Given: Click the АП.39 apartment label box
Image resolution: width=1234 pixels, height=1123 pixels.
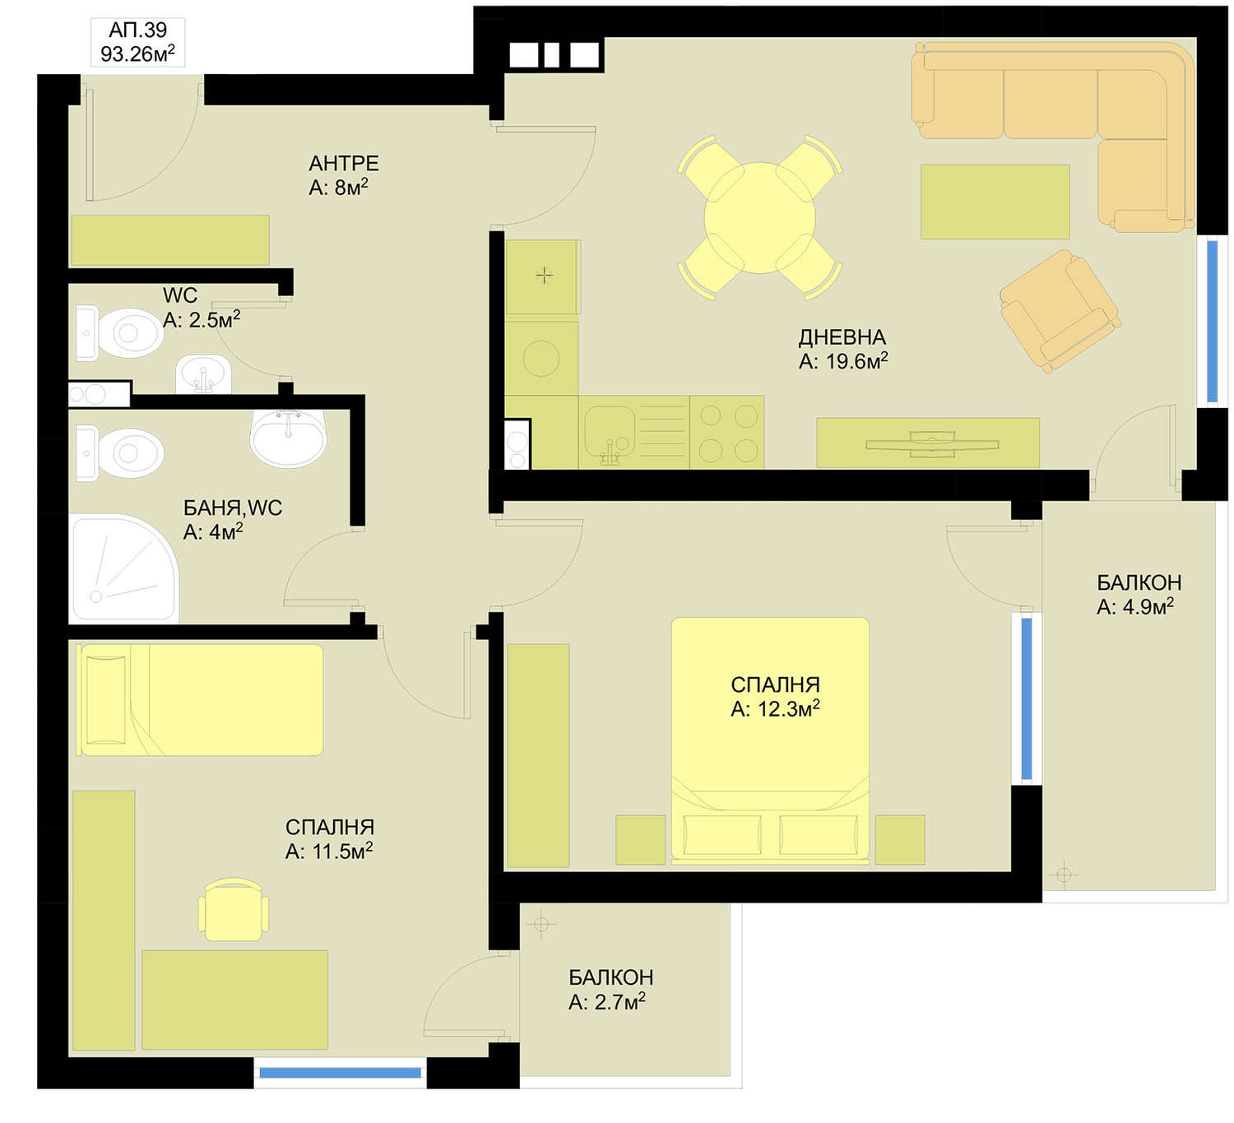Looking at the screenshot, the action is click(x=137, y=42).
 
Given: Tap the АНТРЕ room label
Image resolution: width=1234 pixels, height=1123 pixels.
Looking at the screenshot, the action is click(x=343, y=163).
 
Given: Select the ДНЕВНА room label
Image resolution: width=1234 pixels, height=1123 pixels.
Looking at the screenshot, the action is click(x=842, y=336).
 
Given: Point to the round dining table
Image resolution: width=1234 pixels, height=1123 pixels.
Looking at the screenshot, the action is click(x=759, y=217).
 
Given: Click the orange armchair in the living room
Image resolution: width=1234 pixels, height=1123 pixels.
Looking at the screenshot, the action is click(x=1060, y=311).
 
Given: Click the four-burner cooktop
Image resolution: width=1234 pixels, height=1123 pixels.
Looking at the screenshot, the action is click(x=727, y=432).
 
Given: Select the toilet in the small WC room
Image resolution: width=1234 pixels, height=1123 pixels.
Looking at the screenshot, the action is click(x=119, y=333).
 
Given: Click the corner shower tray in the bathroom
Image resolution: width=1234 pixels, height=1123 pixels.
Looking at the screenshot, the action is click(x=124, y=568).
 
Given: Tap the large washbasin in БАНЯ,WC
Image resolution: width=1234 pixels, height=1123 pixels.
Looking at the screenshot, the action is click(x=288, y=439).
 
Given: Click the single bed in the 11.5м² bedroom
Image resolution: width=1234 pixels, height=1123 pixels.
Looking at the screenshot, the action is click(x=200, y=699).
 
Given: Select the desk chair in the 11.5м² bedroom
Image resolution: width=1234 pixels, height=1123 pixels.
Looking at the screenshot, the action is click(x=234, y=909).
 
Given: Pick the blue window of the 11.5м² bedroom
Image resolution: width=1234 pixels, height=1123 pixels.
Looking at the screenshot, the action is click(x=341, y=1073).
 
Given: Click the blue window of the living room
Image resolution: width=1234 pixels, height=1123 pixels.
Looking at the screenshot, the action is click(x=1213, y=321).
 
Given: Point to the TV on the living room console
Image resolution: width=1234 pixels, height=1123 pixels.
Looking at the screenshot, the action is click(x=932, y=443).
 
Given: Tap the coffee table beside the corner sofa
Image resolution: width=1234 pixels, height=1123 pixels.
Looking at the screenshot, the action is click(x=995, y=202).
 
